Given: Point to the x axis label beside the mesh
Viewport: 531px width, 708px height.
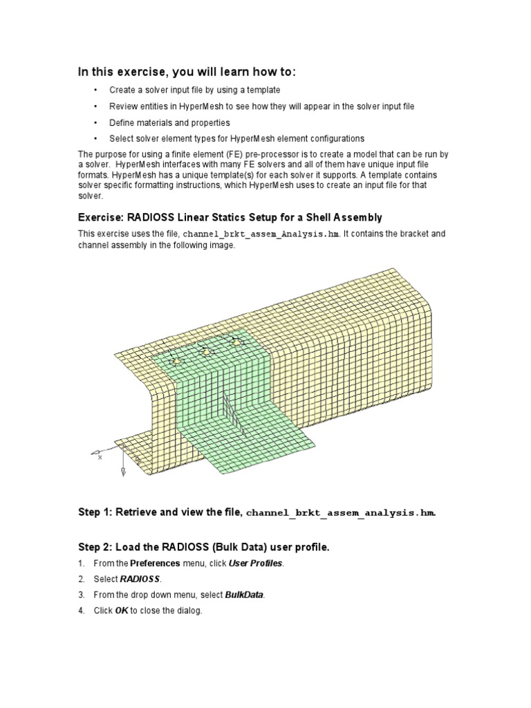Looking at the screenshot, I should [x=100, y=457].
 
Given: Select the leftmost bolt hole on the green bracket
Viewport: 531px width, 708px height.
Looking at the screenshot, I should [x=176, y=361].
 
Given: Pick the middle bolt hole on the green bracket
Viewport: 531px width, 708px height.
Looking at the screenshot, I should [x=205, y=352].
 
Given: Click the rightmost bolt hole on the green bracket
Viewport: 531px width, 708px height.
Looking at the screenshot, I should [x=237, y=342].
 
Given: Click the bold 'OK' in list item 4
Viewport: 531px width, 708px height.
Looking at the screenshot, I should [x=120, y=611].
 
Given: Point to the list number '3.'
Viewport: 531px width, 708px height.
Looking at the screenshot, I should [x=81, y=595].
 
